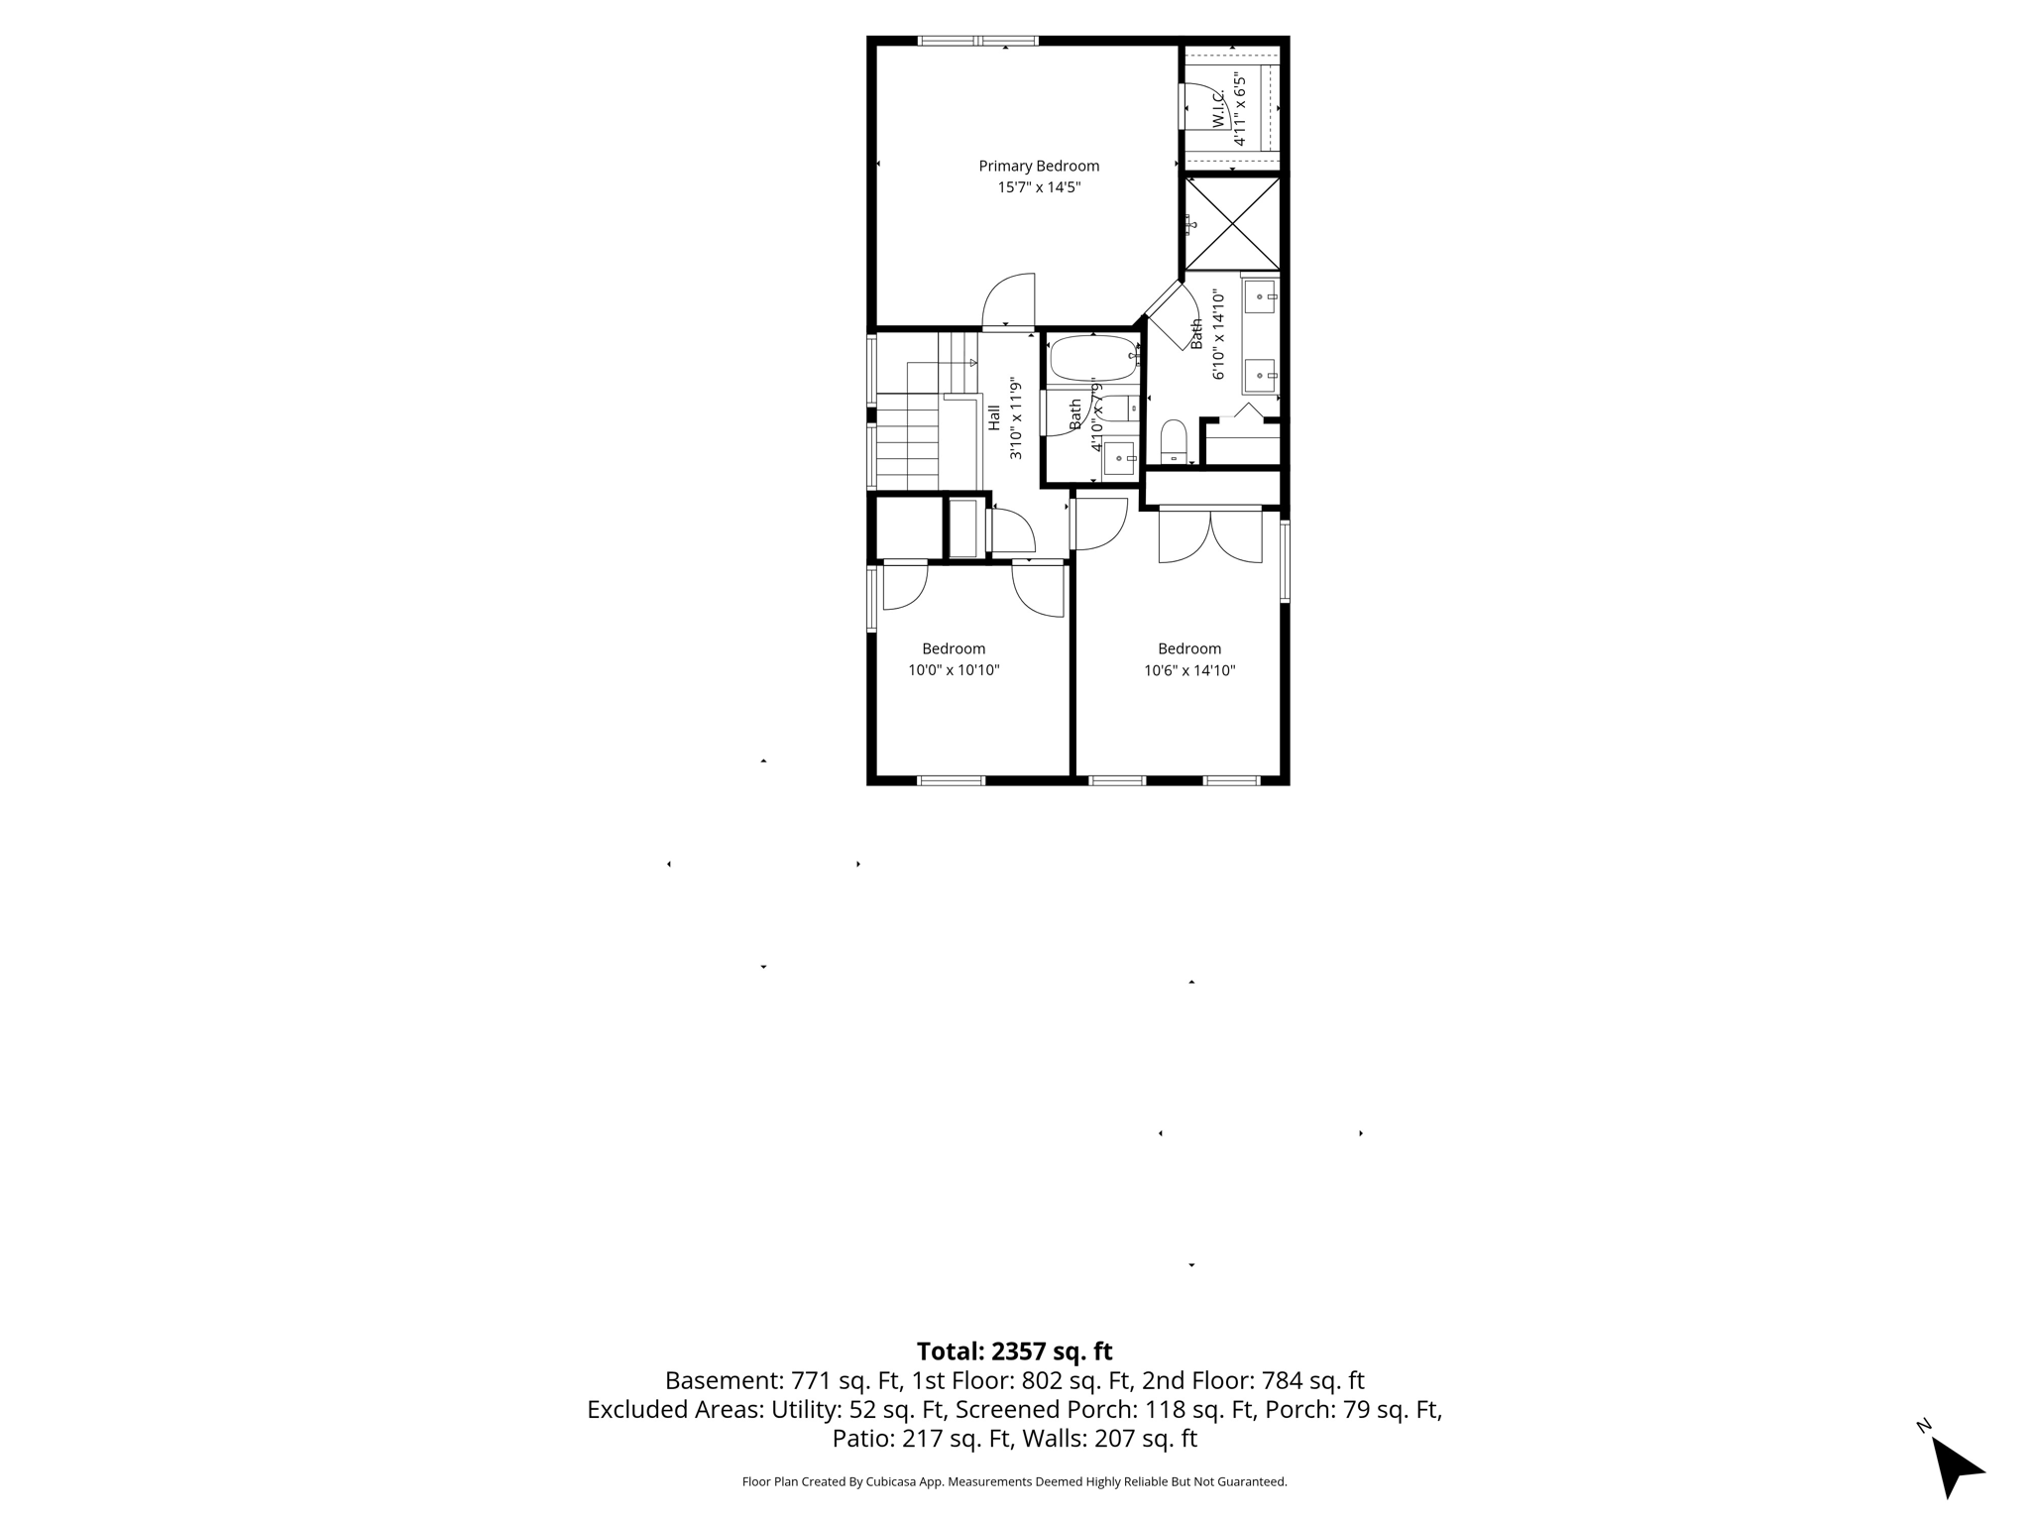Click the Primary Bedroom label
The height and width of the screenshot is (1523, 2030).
click(x=1039, y=166)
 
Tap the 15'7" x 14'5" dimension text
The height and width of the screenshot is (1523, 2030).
click(x=1039, y=187)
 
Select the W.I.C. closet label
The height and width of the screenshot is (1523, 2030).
click(x=1218, y=108)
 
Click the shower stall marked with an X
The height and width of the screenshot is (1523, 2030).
click(x=1233, y=223)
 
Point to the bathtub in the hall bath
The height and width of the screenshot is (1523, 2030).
click(x=1092, y=358)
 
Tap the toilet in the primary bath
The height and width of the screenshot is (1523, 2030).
click(x=1174, y=440)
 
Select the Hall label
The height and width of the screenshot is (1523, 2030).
click(x=994, y=416)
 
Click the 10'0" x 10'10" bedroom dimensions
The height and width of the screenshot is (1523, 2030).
click(x=954, y=670)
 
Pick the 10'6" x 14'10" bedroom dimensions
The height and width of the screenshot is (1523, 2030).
click(x=1189, y=670)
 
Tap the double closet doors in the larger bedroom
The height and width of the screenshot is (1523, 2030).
click(x=1210, y=536)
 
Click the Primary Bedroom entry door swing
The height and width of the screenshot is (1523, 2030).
click(x=1009, y=300)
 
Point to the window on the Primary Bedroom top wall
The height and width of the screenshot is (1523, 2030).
click(x=978, y=41)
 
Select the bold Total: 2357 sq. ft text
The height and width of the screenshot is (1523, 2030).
click(x=1014, y=1351)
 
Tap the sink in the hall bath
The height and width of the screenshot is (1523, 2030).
click(x=1120, y=458)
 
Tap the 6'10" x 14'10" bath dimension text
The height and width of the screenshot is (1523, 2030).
click(x=1219, y=334)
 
